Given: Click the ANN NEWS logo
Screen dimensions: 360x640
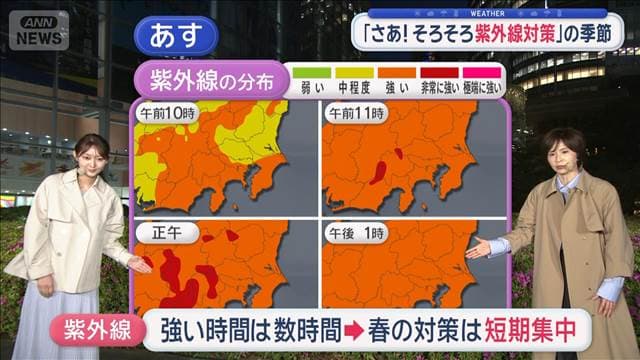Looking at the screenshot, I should pyautogui.click(x=39, y=30).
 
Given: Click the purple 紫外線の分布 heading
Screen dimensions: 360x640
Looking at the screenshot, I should pyautogui.click(x=212, y=81).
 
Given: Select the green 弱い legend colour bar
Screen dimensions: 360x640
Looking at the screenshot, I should pyautogui.click(x=310, y=72).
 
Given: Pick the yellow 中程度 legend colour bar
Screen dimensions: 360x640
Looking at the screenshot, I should pyautogui.click(x=354, y=72).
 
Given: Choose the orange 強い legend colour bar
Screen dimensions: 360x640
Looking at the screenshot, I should pyautogui.click(x=398, y=72).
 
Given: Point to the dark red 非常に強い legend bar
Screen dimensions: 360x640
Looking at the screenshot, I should pyautogui.click(x=441, y=72).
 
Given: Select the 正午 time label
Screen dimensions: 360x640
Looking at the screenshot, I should pyautogui.click(x=160, y=233).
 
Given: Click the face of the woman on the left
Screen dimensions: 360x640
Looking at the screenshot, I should pyautogui.click(x=89, y=159).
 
